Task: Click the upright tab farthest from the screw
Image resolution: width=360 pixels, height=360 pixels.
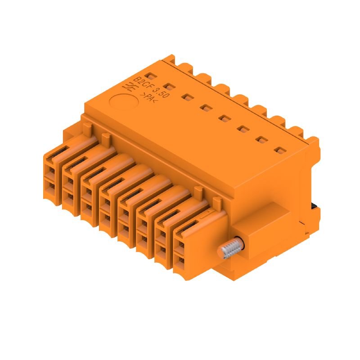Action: tap(87, 127)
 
